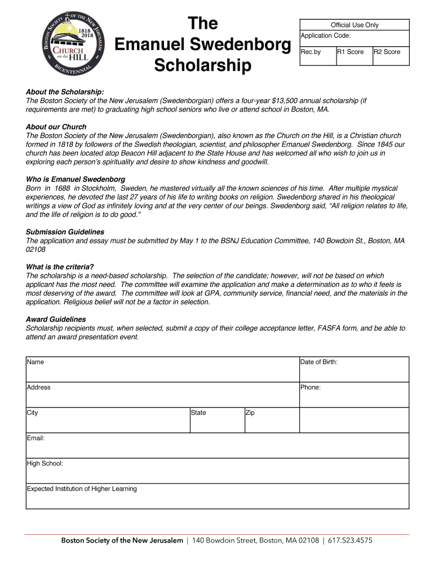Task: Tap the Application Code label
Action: tap(325, 35)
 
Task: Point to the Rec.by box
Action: tap(317, 56)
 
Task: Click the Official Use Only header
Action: tap(355, 25)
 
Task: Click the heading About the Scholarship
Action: tap(65, 92)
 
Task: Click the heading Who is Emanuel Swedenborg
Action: tap(76, 180)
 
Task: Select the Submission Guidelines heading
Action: tap(65, 232)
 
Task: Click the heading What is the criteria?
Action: tap(60, 267)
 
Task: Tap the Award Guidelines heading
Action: tap(56, 319)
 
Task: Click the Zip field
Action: tap(271, 420)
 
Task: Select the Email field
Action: tap(217, 446)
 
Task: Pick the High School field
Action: tap(217, 471)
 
